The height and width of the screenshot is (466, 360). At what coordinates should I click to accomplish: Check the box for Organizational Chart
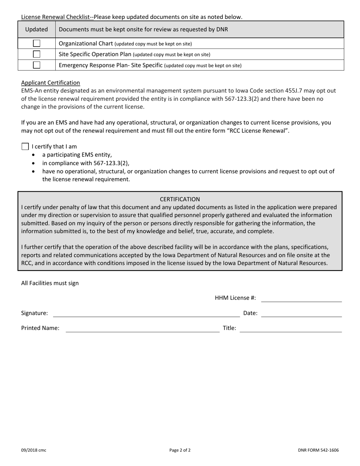pos(36,44)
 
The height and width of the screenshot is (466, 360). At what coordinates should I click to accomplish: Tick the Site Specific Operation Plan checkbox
pos(36,54)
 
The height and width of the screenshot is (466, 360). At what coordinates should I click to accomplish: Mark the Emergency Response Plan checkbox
pos(36,65)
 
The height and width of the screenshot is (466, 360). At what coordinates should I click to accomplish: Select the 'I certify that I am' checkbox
pos(25,147)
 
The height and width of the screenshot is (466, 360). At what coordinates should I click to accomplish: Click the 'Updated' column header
pos(36,30)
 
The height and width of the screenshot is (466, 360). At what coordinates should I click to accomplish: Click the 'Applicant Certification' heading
pos(50,83)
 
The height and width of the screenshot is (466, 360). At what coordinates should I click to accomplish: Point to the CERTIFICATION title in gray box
pos(180,199)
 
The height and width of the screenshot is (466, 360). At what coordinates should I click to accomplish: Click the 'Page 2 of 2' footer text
pos(180,450)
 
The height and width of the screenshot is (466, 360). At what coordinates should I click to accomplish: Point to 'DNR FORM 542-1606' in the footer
pos(318,450)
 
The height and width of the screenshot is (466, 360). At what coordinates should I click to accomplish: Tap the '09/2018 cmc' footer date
pos(34,450)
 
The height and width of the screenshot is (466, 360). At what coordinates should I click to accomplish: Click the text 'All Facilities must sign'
pos(50,283)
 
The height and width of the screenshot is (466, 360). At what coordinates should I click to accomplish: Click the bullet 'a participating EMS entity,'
pos(77,155)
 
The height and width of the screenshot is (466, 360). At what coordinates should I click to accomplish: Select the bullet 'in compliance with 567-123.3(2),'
pos(86,163)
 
